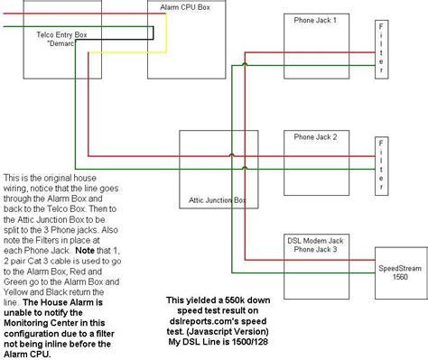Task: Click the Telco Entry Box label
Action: pyautogui.click(x=61, y=35)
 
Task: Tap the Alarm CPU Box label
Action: pyautogui.click(x=185, y=7)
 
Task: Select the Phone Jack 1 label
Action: pyautogui.click(x=315, y=21)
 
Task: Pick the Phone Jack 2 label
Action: pyautogui.click(x=315, y=137)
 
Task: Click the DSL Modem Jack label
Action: pyautogui.click(x=315, y=241)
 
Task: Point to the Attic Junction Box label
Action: pyautogui.click(x=218, y=200)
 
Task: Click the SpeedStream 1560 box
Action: pyautogui.click(x=401, y=273)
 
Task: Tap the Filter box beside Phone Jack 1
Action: pyautogui.click(x=381, y=50)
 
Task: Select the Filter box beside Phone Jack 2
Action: pyautogui.click(x=381, y=166)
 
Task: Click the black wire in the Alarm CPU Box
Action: pyautogui.click(x=154, y=33)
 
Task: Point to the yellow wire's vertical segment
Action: pyautogui.click(x=166, y=33)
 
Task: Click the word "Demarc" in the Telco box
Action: pyautogui.click(x=60, y=43)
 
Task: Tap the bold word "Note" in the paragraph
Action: pyautogui.click(x=85, y=251)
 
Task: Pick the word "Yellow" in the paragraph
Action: pyautogui.click(x=15, y=292)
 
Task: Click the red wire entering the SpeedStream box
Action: pyautogui.click(x=310, y=260)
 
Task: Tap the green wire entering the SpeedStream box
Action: pyautogui.click(x=303, y=272)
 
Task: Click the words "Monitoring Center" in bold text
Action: pyautogui.click(x=54, y=323)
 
